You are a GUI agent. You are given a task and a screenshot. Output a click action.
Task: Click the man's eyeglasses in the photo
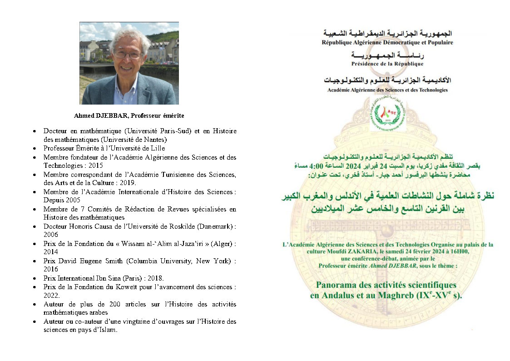pyautogui.click(x=128, y=55)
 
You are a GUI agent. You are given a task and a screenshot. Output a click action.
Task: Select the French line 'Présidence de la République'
pyautogui.click(x=387, y=64)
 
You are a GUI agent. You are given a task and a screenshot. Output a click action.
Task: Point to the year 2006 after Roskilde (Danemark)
pyautogui.click(x=51, y=235)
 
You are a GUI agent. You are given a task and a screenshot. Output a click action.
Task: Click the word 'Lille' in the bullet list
pyautogui.click(x=156, y=148)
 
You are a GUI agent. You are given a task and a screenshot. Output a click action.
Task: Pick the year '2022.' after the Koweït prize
pyautogui.click(x=51, y=295)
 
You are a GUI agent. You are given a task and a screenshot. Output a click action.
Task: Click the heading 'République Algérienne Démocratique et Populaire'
pyautogui.click(x=387, y=43)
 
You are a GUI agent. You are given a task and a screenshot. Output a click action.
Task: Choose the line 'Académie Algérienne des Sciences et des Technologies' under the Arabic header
pyautogui.click(x=387, y=90)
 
